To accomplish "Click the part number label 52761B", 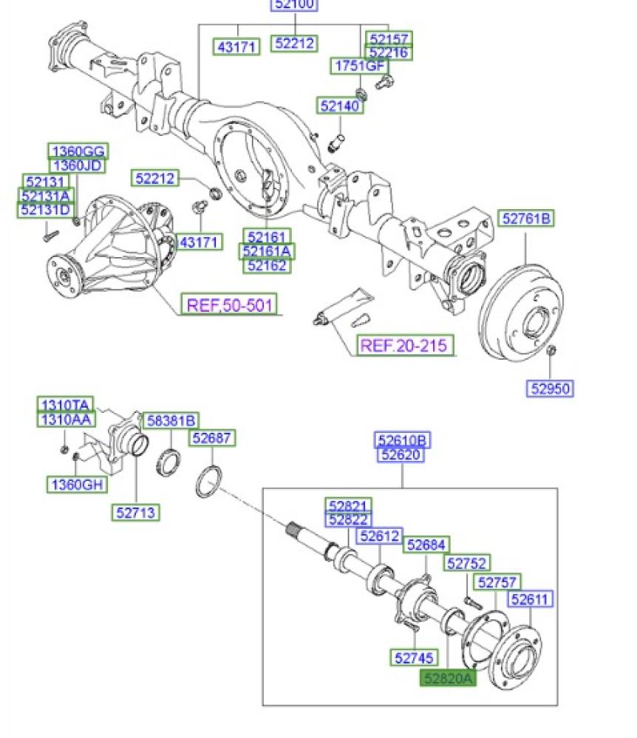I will [x=528, y=219].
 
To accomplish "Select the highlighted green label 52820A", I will [x=449, y=678].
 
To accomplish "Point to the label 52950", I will [x=551, y=388].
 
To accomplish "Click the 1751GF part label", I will [x=358, y=66].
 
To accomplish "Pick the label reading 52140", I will [x=341, y=106].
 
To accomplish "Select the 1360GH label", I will [x=77, y=485].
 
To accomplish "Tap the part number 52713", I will [x=137, y=512].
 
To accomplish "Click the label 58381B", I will [x=170, y=420].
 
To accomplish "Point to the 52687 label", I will [x=213, y=438].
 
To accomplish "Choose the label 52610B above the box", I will [x=403, y=441].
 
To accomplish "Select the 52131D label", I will [x=46, y=211].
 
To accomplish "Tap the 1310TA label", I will [x=65, y=405].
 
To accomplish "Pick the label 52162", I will [x=268, y=265].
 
